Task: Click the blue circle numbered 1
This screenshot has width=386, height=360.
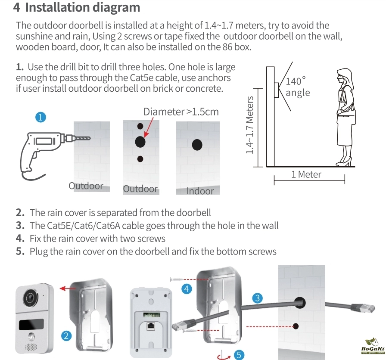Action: tap(40, 117)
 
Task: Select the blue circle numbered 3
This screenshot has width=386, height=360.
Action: tap(257, 298)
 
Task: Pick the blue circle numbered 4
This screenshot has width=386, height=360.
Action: tap(187, 289)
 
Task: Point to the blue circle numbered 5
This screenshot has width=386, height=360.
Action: tap(239, 354)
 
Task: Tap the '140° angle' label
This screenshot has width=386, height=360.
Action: tap(297, 87)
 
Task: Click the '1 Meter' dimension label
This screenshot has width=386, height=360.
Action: tap(306, 174)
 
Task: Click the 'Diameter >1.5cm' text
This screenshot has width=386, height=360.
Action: tap(181, 112)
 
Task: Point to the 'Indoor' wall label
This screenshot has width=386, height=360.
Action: tap(200, 191)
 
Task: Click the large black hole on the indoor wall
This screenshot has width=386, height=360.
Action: tap(197, 145)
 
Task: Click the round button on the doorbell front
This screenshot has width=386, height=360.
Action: tap(31, 337)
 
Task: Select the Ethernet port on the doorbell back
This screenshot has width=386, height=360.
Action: tap(151, 326)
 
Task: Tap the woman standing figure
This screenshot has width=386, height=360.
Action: tap(346, 116)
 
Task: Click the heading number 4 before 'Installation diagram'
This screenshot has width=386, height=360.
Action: tap(17, 7)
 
